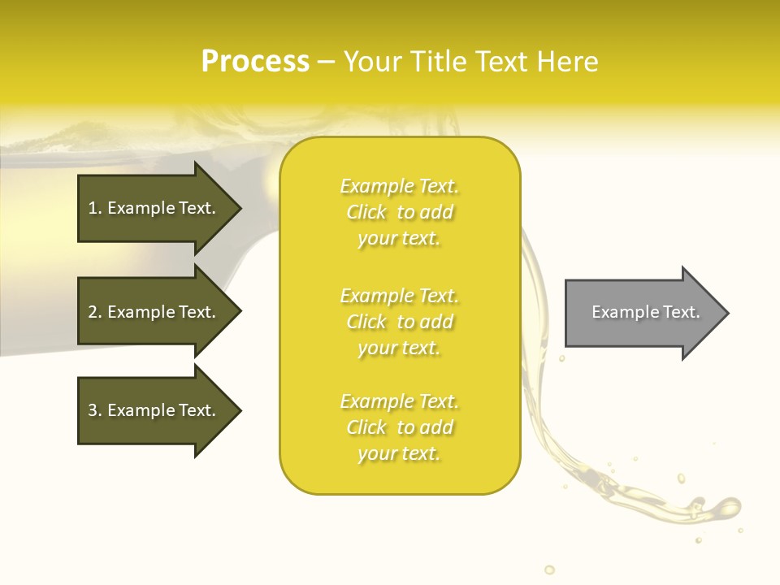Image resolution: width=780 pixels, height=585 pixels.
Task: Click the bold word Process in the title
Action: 255,62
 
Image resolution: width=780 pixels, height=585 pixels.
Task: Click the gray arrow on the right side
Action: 642,313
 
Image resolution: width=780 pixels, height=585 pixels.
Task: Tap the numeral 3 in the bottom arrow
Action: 93,411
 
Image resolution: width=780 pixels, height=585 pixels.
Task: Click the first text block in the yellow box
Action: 399,212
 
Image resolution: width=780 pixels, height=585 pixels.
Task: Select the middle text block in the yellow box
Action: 399,322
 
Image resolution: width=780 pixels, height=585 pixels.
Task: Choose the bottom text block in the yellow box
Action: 399,427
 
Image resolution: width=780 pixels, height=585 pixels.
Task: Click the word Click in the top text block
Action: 366,213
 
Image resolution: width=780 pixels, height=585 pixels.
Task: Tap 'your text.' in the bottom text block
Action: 399,453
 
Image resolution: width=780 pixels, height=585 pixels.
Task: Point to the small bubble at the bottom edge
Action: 549,570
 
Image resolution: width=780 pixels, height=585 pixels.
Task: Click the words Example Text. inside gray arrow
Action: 645,312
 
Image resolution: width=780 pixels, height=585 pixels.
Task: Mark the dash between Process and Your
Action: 326,62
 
